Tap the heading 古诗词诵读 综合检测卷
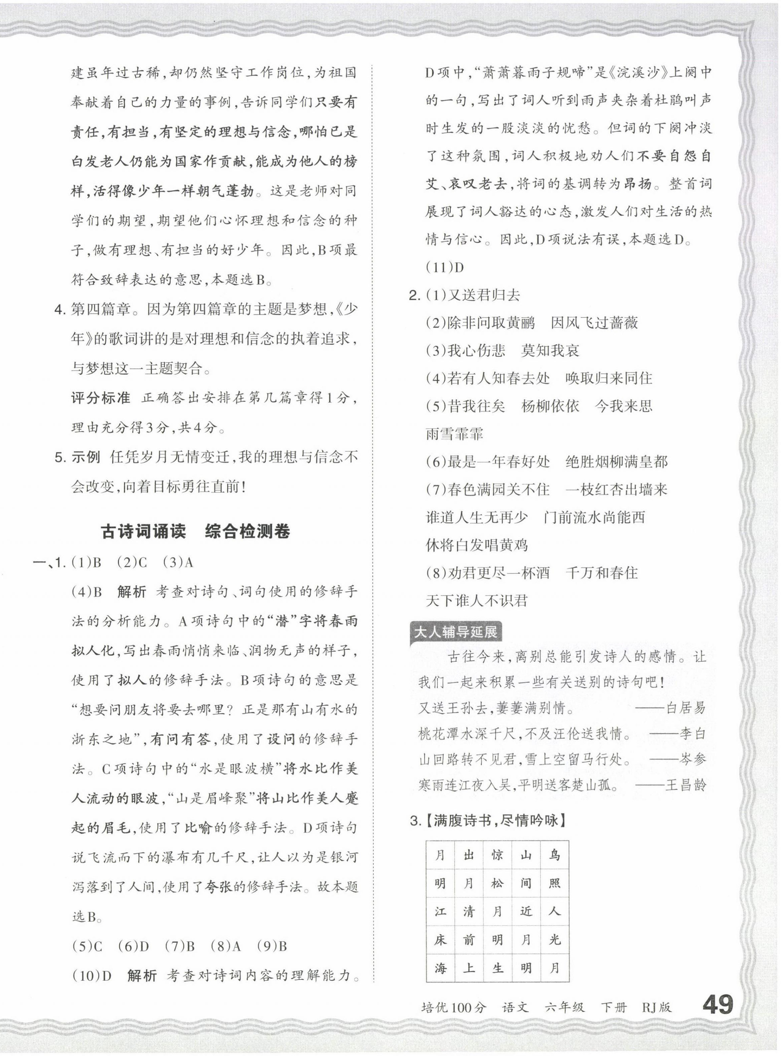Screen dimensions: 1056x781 coord(195,532)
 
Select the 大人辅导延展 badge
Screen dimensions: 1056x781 coord(455,632)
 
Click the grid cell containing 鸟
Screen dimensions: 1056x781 coord(554,855)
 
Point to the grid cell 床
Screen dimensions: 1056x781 coord(440,940)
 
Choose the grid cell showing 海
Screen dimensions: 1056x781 coord(440,968)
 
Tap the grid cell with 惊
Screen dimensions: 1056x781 coord(497,855)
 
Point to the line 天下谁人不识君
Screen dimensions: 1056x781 coord(476,601)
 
